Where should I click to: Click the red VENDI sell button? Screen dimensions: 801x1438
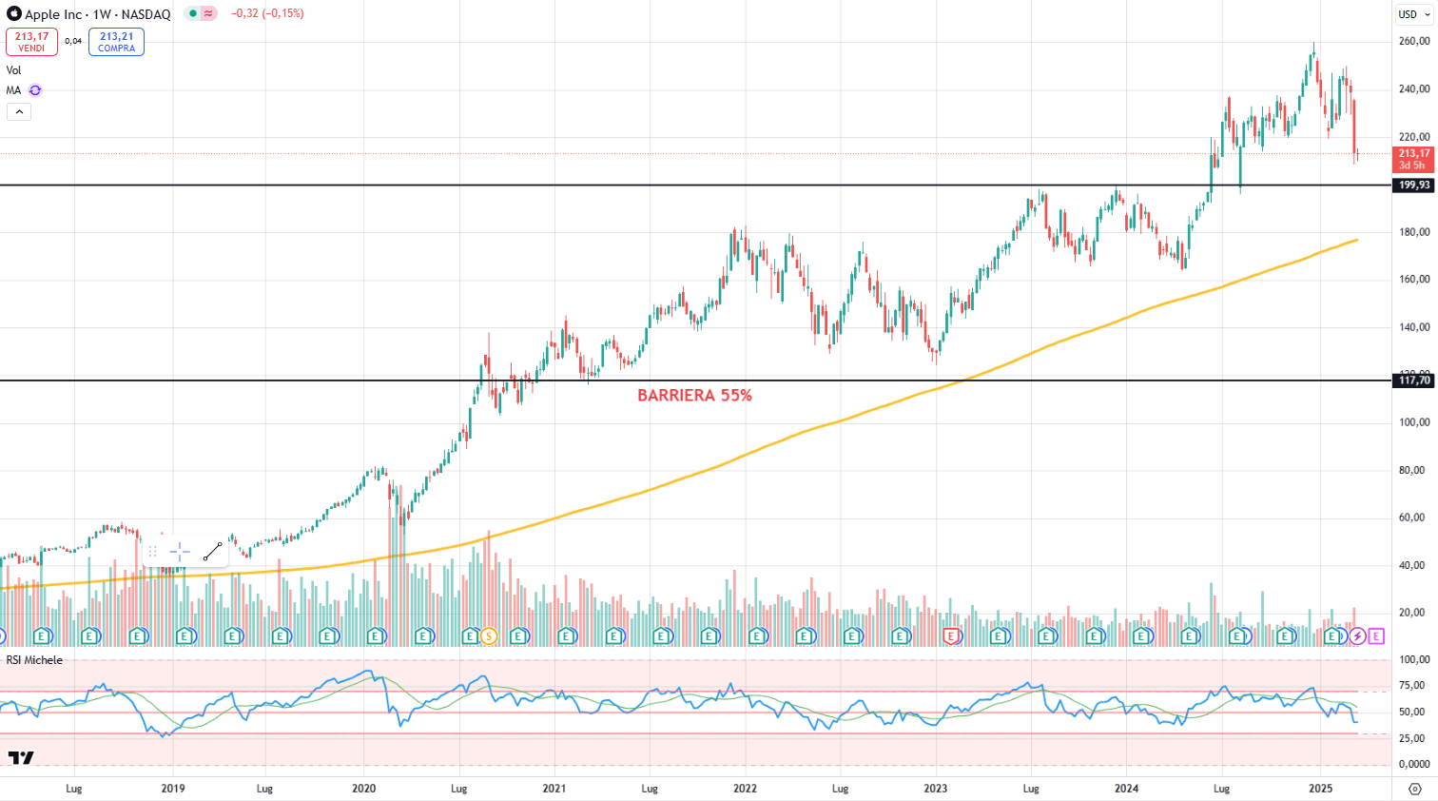[31, 42]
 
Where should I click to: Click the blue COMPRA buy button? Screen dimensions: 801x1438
[116, 42]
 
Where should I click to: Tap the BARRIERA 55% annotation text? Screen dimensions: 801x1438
[694, 396]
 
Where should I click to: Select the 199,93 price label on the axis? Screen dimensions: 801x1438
[1413, 186]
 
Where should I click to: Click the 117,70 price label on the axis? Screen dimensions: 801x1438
[1413, 381]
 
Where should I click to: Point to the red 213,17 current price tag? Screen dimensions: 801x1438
[1413, 159]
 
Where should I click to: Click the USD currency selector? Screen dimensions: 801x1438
[1413, 14]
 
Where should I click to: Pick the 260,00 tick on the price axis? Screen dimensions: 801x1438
[1413, 42]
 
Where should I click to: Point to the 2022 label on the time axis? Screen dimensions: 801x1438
[745, 789]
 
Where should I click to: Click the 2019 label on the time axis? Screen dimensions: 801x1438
[173, 789]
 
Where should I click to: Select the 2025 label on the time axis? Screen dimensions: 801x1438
[1320, 789]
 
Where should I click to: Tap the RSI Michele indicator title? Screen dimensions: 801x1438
[34, 660]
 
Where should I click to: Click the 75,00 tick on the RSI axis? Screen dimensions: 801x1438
[1413, 686]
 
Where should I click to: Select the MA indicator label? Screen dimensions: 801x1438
[13, 90]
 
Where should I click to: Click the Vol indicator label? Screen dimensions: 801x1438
[13, 70]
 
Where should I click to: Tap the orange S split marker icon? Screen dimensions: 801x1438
[489, 635]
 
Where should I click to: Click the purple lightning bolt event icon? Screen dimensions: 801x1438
[1357, 635]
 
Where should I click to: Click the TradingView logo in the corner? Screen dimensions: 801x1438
[21, 758]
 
